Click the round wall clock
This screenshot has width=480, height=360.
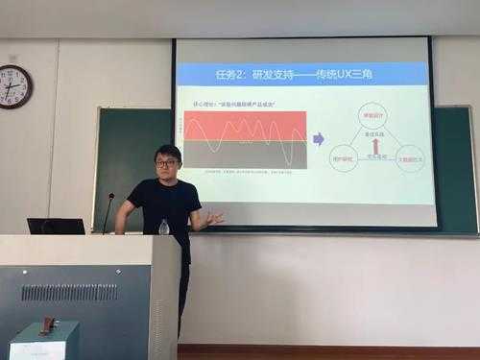coord(15,86)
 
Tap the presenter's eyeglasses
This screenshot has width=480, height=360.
coord(166,163)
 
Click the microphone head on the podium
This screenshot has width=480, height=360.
coord(110,197)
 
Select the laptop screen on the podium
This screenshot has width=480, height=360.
coord(55,227)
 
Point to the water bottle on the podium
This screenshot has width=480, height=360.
coord(164,228)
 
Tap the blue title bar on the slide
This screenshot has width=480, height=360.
coord(302,74)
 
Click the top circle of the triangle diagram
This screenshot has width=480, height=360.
coord(372,116)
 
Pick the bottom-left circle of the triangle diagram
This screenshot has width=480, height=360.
coord(343,157)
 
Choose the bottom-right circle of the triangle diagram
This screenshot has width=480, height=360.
coord(410,157)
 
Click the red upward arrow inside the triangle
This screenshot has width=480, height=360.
coord(375,147)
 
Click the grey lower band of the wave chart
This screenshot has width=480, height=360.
coord(245,155)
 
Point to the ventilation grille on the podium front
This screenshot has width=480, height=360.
coord(69,292)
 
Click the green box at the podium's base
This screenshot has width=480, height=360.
coord(44,342)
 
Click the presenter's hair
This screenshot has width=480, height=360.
coord(167,152)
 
